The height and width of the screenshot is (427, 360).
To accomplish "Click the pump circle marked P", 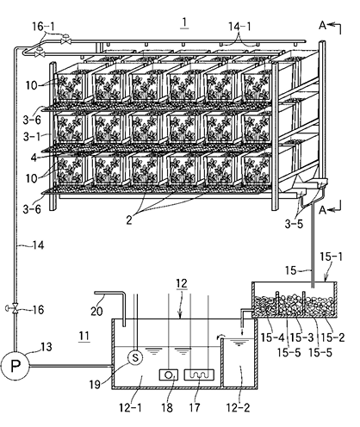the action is tap(15, 366).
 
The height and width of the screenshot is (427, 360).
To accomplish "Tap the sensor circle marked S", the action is tap(135, 357).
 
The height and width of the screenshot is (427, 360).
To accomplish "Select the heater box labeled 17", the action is tap(199, 374).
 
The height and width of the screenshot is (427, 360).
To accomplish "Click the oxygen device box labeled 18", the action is tap(169, 374).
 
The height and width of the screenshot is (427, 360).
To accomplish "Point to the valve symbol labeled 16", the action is tap(14, 309).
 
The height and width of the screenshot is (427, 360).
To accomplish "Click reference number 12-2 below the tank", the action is tap(238, 407).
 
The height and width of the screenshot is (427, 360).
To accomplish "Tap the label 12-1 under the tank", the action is tap(131, 407).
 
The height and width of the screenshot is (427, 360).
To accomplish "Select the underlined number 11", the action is tap(84, 336).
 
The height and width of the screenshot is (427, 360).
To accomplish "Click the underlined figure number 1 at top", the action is tap(184, 22).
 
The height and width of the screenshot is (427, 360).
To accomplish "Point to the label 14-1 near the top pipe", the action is tap(239, 27).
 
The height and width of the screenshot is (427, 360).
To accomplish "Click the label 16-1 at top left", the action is tap(43, 27).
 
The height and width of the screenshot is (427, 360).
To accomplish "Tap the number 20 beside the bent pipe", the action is tap(96, 311).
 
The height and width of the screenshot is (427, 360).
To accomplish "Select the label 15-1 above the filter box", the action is tap(332, 257).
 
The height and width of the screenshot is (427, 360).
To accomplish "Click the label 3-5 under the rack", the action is tap(294, 224).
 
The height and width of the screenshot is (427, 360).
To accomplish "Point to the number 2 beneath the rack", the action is tap(129, 220).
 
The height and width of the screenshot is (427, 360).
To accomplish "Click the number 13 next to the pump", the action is tap(46, 347).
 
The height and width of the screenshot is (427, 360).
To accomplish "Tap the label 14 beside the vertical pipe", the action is tap(38, 245).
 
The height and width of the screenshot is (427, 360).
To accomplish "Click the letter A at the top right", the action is tap(323, 26).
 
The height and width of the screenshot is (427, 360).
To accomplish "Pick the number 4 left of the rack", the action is tap(34, 158).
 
